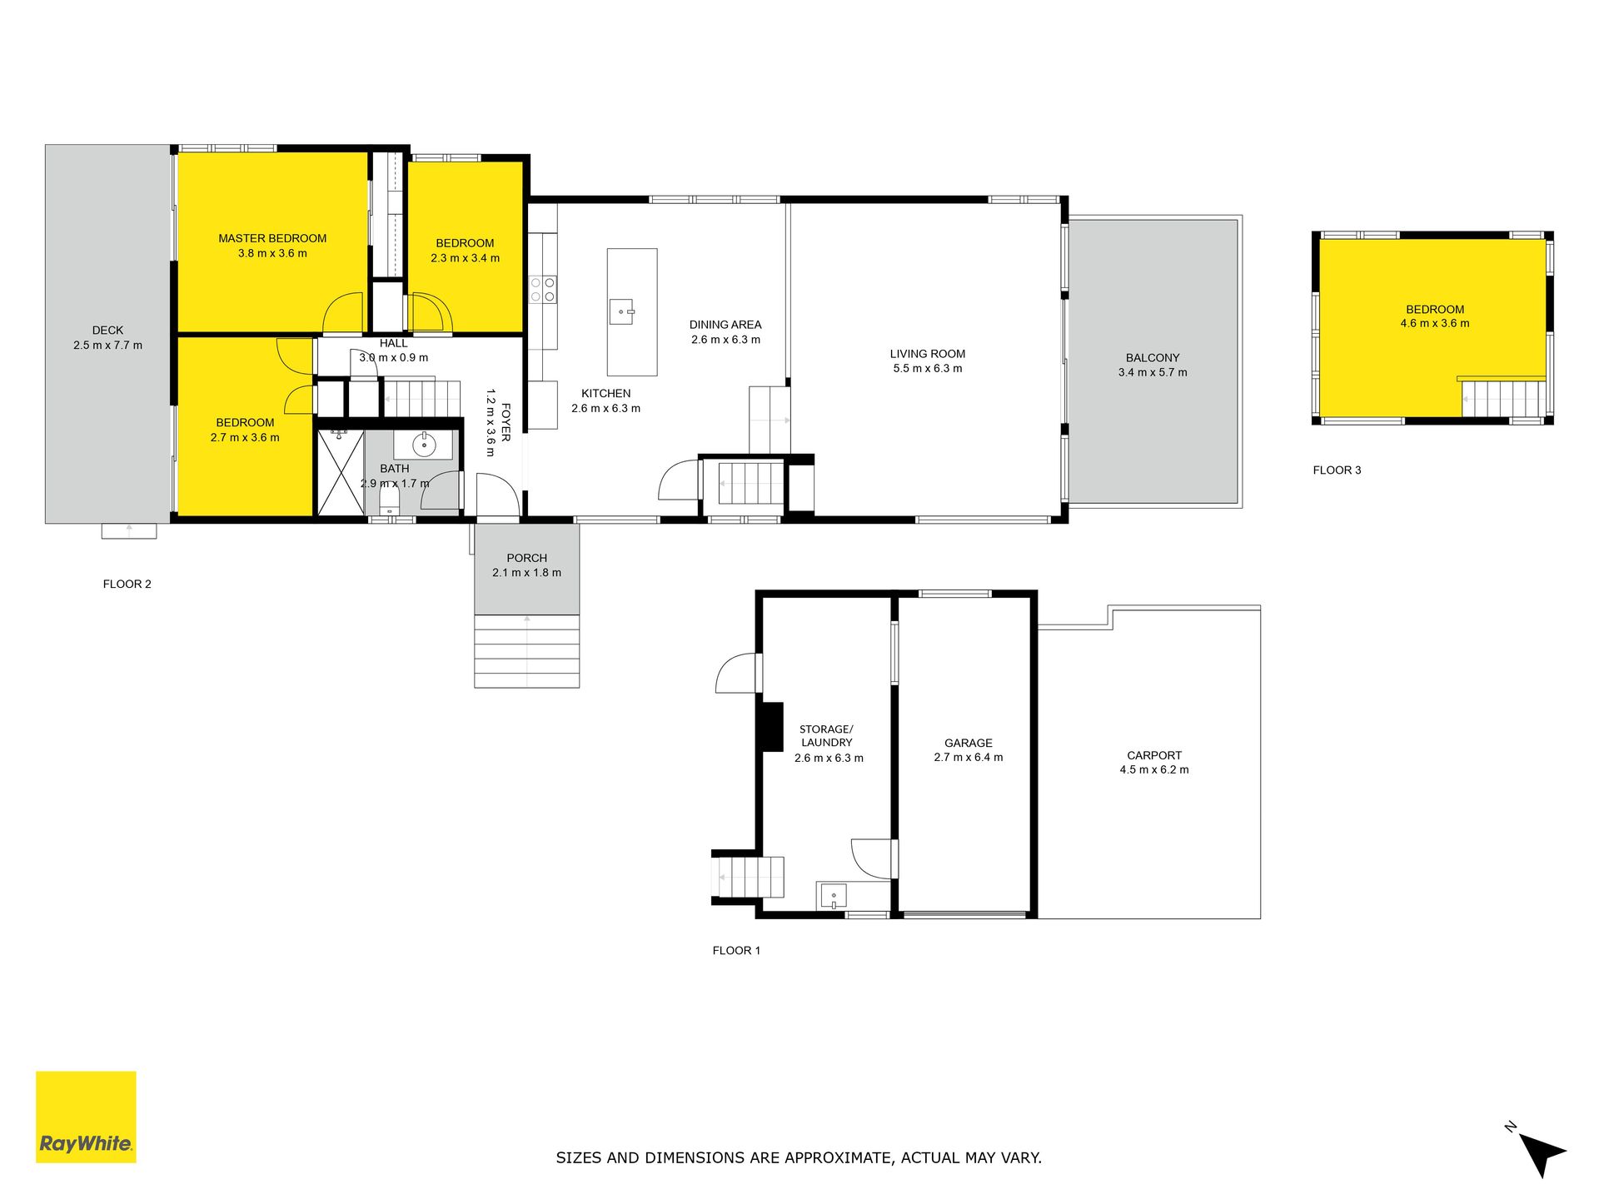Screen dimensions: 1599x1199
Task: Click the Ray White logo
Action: (86, 1117)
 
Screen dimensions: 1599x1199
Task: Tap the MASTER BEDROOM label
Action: (272, 238)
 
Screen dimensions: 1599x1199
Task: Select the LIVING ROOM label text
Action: (927, 354)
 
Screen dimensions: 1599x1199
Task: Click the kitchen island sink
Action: (622, 312)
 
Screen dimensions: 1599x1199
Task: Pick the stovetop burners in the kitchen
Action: (543, 290)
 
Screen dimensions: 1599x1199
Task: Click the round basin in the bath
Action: (424, 445)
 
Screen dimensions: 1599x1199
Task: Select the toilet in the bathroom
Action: (389, 501)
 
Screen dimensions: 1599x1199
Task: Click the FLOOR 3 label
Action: (1337, 470)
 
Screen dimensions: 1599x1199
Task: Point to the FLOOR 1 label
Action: (736, 951)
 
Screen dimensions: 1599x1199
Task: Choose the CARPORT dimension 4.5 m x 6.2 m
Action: (1154, 770)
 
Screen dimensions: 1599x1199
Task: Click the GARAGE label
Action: (968, 743)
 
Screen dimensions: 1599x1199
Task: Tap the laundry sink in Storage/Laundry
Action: (834, 896)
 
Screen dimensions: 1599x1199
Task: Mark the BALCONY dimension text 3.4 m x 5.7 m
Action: (1153, 372)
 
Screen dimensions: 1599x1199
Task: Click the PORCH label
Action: (526, 558)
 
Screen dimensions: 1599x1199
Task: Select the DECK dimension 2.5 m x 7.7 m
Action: (107, 346)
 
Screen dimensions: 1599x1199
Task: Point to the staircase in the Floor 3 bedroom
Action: (1504, 398)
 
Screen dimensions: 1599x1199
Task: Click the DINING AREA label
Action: (725, 325)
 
